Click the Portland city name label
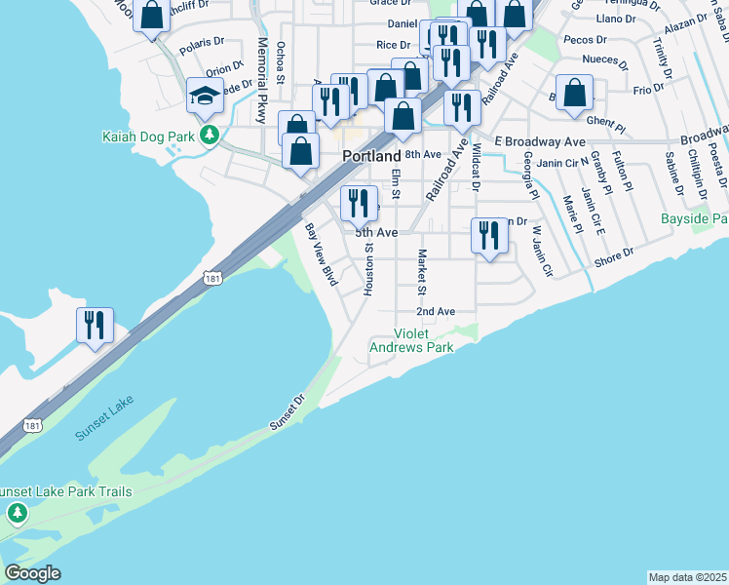point(370,156)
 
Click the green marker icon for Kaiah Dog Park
point(208,135)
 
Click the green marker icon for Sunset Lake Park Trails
point(16,512)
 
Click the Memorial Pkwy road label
point(262,80)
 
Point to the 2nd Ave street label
point(436,311)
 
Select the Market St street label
point(422,272)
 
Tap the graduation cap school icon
point(206,96)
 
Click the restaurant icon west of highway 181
point(96,325)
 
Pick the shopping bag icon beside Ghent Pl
point(576,93)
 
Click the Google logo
point(32,573)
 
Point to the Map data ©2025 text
point(687,577)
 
